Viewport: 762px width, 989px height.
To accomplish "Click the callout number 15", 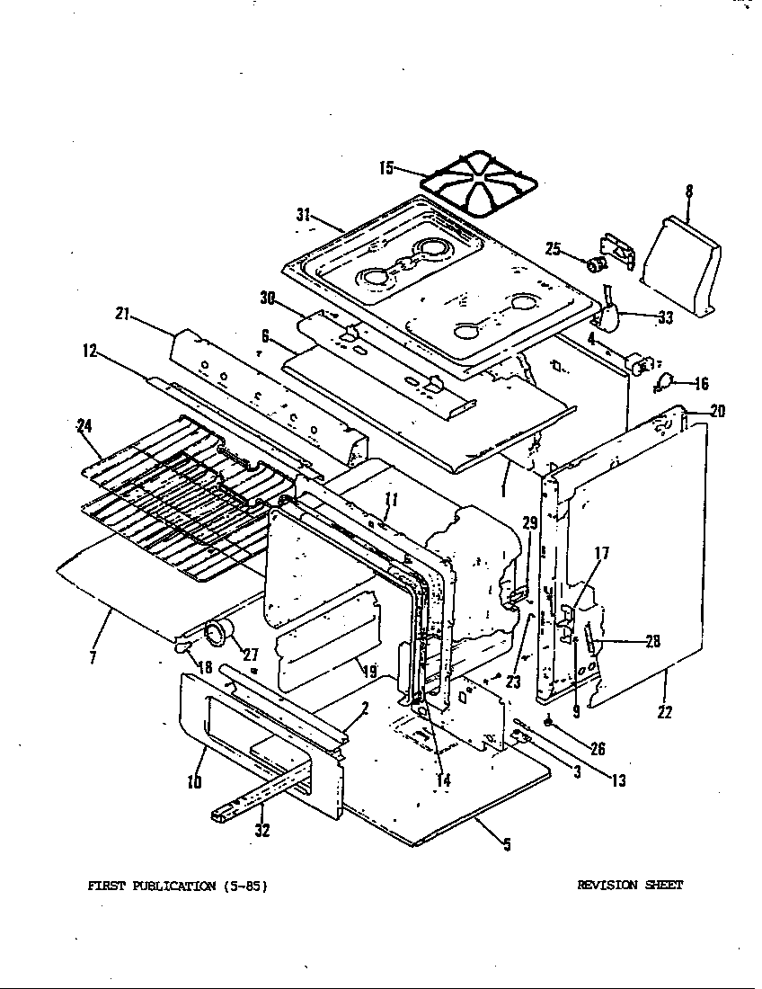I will click(386, 167).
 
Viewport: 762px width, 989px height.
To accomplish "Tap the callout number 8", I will click(688, 191).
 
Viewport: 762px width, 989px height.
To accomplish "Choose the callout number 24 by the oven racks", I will click(85, 426).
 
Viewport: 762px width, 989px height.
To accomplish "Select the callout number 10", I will click(194, 781).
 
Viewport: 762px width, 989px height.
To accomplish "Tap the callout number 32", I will click(261, 831).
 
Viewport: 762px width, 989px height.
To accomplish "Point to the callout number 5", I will click(507, 844).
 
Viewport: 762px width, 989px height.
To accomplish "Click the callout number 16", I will click(700, 384).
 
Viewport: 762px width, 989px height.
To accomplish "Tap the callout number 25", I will click(553, 248).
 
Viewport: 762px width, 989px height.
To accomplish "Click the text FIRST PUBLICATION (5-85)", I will click(177, 886).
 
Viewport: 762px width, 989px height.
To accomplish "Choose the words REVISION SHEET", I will click(629, 885).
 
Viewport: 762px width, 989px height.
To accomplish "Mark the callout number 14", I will click(442, 780).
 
